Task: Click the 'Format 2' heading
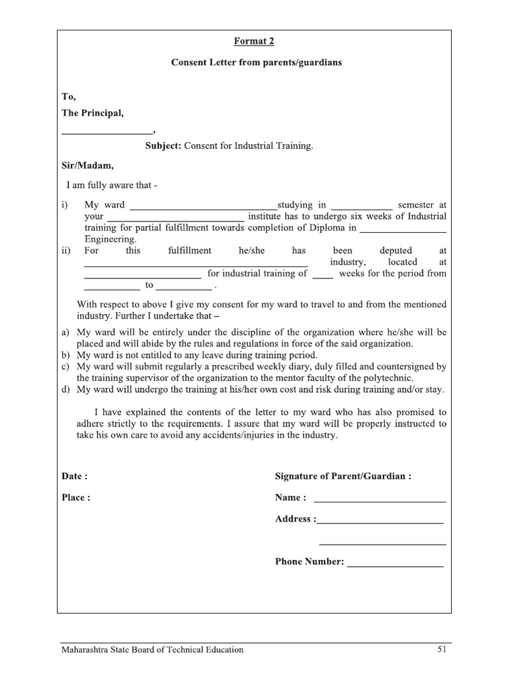pyautogui.click(x=253, y=41)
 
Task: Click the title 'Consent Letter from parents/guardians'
pyautogui.click(x=257, y=63)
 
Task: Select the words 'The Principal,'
pyautogui.click(x=93, y=113)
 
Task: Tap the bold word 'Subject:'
pyautogui.click(x=163, y=145)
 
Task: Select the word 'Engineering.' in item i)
pyautogui.click(x=111, y=239)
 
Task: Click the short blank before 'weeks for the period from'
pyautogui.click(x=323, y=274)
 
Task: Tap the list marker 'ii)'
pyautogui.click(x=66, y=251)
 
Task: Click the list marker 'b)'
pyautogui.click(x=65, y=355)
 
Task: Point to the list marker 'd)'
pyautogui.click(x=65, y=389)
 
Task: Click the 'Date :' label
pyautogui.click(x=75, y=476)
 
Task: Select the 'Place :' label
pyautogui.click(x=76, y=498)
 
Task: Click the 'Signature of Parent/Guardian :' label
pyautogui.click(x=343, y=476)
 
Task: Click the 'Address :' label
pyautogui.click(x=295, y=519)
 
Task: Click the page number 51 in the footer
pyautogui.click(x=442, y=650)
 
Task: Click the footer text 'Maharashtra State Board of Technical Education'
pyautogui.click(x=152, y=650)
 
